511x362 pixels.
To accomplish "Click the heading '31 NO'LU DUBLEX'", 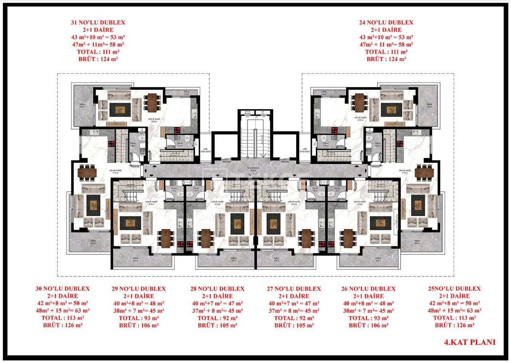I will (98, 23).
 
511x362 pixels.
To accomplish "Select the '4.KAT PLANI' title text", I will (469, 342).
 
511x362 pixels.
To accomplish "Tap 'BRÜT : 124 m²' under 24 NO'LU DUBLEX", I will (386, 59).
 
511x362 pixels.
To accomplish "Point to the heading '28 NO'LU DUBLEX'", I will (217, 289).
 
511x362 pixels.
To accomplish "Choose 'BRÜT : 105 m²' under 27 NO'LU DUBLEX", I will (294, 325).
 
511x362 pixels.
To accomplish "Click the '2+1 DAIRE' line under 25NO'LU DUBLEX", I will (454, 296).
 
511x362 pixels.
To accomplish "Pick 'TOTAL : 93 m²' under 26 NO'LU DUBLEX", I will (368, 318).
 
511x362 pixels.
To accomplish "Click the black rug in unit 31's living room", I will (120, 109).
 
